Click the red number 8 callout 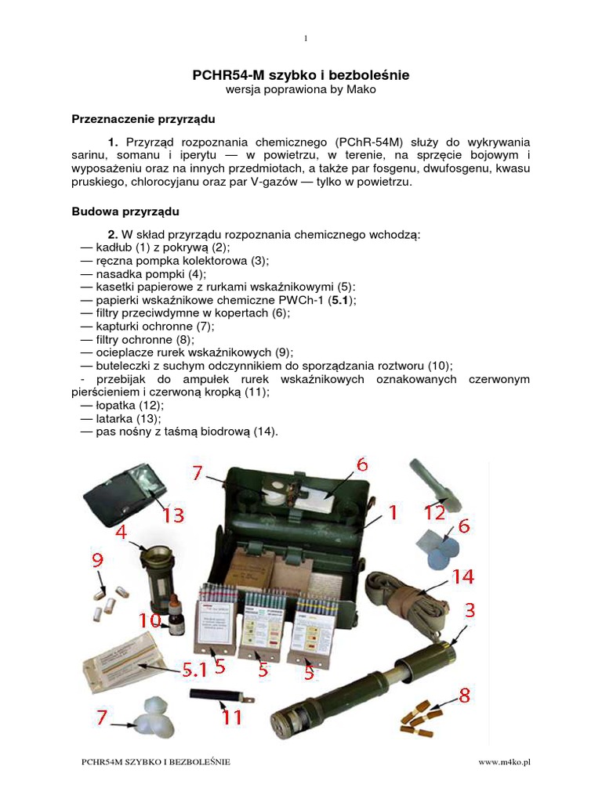coord(465,694)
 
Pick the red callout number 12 coord(434,513)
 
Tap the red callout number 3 coord(470,609)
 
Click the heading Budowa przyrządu coord(125,211)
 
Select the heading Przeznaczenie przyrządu coord(143,119)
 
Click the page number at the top coord(305,38)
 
